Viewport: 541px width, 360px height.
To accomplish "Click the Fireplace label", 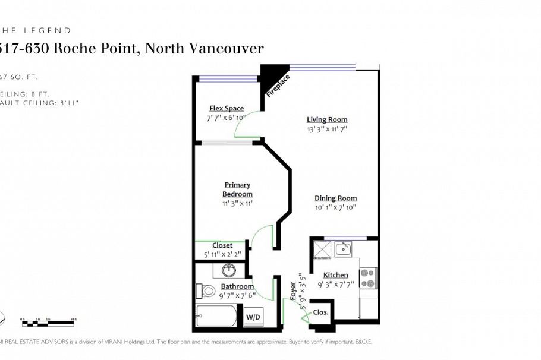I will pyautogui.click(x=278, y=86).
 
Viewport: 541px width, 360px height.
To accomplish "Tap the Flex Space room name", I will pyautogui.click(x=226, y=108).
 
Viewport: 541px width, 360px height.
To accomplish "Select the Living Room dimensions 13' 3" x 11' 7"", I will pyautogui.click(x=327, y=128).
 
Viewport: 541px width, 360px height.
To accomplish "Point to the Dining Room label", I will pyautogui.click(x=335, y=198).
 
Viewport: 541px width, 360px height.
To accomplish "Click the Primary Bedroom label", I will pyautogui.click(x=237, y=190).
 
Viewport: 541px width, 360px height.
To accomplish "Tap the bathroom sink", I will pyautogui.click(x=229, y=271).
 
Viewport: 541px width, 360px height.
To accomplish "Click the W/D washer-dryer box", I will pyautogui.click(x=253, y=317).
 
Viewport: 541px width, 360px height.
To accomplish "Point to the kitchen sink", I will pyautogui.click(x=343, y=249).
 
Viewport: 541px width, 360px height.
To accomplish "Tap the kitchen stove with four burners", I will pyautogui.click(x=368, y=278).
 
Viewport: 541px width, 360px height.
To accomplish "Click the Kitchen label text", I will pyautogui.click(x=335, y=275).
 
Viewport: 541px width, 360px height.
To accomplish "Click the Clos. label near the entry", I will pyautogui.click(x=320, y=312).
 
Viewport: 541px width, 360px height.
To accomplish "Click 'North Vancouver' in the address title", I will pyautogui.click(x=205, y=49).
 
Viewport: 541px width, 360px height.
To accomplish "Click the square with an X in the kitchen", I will pyautogui.click(x=322, y=249).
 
